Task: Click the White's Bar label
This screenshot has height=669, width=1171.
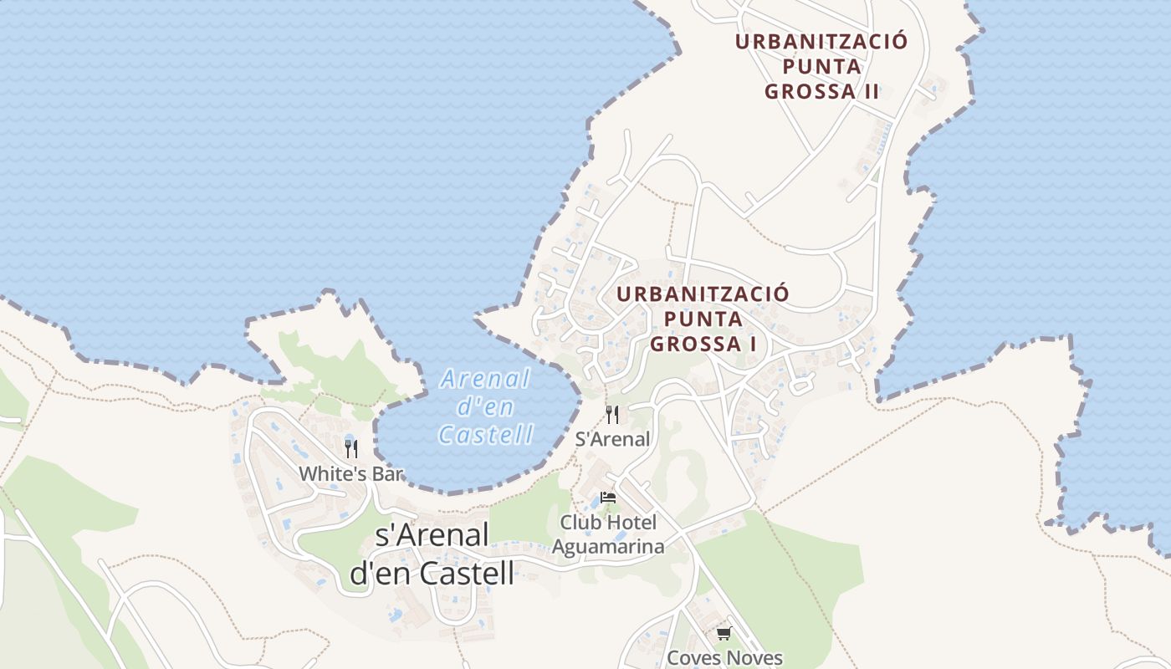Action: (351, 474)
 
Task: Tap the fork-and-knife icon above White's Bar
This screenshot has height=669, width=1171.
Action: (351, 448)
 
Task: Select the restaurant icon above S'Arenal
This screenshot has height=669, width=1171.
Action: (612, 414)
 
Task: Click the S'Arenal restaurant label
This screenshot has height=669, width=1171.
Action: (612, 439)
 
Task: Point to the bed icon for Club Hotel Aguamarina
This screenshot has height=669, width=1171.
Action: (608, 497)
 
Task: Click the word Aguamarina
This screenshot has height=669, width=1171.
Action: (608, 547)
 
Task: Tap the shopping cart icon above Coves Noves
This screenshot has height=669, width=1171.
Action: (724, 633)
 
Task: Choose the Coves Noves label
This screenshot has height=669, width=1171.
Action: (724, 657)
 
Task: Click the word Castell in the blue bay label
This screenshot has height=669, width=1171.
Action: (486, 434)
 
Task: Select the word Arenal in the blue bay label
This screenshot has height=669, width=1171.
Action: (486, 379)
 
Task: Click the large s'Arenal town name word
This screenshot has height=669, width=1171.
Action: (432, 535)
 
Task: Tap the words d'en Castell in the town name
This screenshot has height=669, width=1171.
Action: (432, 573)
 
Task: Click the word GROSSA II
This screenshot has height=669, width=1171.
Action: (821, 91)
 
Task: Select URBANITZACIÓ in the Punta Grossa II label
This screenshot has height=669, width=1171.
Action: (821, 42)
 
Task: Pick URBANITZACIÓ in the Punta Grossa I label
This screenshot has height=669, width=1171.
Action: (703, 294)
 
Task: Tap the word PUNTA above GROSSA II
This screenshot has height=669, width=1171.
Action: (821, 66)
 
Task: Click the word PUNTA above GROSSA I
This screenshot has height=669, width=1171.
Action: (703, 319)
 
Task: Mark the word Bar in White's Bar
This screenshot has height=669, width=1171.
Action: (388, 474)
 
